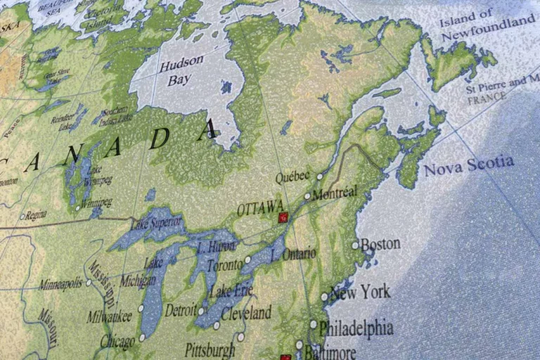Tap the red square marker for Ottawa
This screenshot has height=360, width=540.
click(283, 217)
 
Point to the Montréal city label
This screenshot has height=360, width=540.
click(334, 193)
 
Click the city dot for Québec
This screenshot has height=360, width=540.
click(319, 176)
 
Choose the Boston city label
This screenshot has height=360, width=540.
click(380, 245)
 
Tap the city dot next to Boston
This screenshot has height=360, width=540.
click(355, 245)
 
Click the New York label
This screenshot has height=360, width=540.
click(360, 291)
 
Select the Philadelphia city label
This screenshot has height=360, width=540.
click(356, 328)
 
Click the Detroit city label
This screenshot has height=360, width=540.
click(180, 310)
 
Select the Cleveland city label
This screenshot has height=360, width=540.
click(246, 312)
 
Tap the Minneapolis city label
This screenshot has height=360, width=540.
click(60, 285)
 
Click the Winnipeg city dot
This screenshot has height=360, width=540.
click(77, 207)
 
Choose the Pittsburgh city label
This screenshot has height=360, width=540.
click(210, 349)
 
